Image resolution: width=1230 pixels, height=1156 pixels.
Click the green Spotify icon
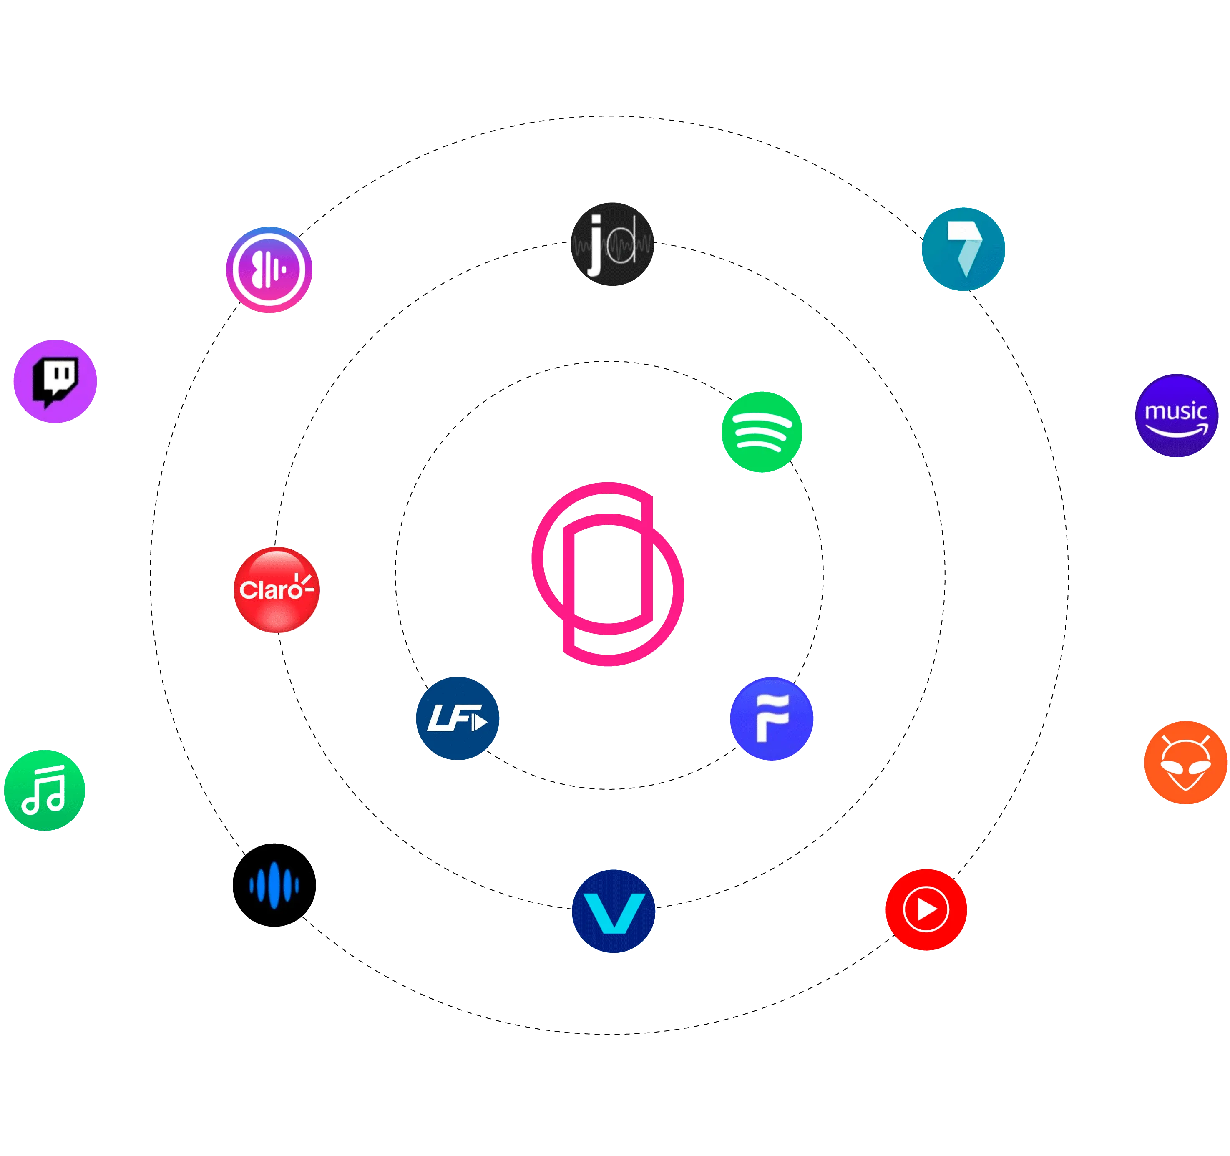[x=762, y=432]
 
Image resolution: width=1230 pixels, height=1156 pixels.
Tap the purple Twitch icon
[x=55, y=381]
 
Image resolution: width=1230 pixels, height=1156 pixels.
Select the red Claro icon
[x=277, y=590]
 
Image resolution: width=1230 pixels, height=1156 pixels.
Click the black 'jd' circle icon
[x=612, y=243]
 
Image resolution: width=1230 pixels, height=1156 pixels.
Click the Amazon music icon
[x=1176, y=415]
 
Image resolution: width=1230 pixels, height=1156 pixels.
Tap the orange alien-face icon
[x=1185, y=763]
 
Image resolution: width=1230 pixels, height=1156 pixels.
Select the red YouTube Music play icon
[x=926, y=909]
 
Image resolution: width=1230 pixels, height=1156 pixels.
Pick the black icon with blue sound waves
[x=274, y=884]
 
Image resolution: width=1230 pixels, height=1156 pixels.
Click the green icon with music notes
[x=45, y=790]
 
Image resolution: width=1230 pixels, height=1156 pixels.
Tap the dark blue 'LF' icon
[x=457, y=718]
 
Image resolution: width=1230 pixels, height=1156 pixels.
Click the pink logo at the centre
[x=608, y=574]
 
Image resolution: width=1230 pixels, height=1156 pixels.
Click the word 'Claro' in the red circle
[x=270, y=590]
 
